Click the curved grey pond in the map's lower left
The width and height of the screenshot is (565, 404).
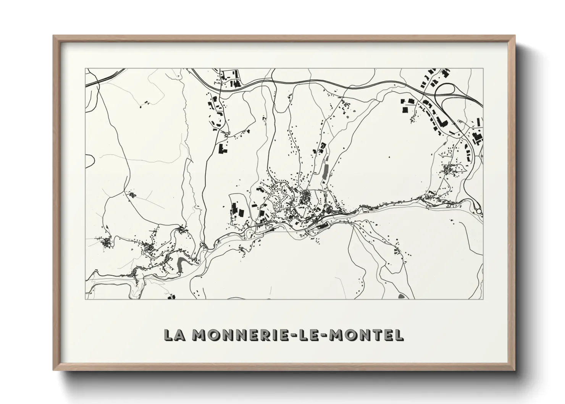(181, 263)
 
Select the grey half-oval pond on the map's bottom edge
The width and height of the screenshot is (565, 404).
(400, 296)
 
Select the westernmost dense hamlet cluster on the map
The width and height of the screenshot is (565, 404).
(106, 242)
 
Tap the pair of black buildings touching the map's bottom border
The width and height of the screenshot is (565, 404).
(171, 296)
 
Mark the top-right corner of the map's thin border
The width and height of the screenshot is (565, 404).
(483, 69)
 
